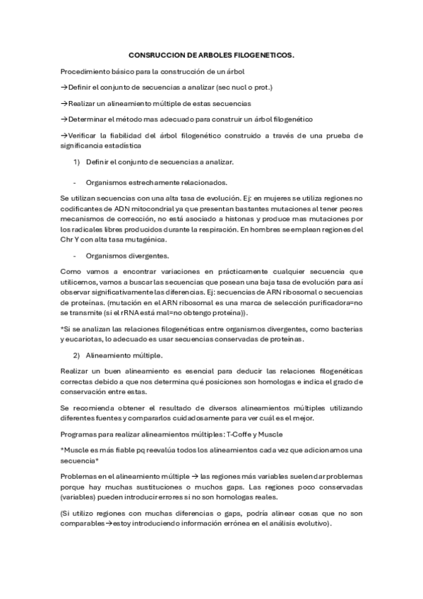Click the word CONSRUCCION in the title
(154, 54)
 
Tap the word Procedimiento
(85, 71)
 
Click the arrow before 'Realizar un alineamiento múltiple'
(64, 103)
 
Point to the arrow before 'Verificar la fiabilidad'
(64, 136)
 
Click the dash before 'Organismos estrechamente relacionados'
(75, 182)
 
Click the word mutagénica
(141, 239)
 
